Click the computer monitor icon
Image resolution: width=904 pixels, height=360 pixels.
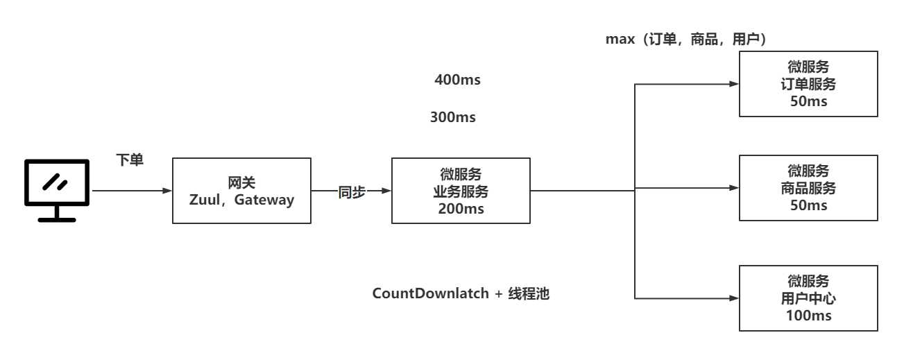tap(57, 189)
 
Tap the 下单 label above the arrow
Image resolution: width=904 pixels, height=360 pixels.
tap(130, 160)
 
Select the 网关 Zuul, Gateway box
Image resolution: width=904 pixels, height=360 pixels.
tap(241, 191)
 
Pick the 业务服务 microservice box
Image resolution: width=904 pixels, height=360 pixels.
tap(461, 191)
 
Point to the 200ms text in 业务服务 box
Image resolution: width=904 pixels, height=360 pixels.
tap(461, 207)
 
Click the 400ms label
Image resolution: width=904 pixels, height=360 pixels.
tap(457, 80)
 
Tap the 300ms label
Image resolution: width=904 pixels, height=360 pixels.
tap(453, 117)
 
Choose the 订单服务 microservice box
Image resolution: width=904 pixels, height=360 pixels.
tap(809, 85)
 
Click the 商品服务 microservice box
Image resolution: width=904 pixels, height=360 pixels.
tap(809, 188)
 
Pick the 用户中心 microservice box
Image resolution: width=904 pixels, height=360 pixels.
tap(809, 298)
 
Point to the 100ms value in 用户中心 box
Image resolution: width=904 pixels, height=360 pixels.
tap(809, 316)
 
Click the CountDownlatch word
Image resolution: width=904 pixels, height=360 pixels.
tap(429, 293)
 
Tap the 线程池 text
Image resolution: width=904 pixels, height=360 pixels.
tap(529, 293)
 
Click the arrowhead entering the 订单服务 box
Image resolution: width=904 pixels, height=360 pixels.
tap(735, 85)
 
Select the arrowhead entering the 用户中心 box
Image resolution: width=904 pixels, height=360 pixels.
tap(735, 298)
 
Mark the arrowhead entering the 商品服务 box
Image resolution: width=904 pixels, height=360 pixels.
tap(735, 188)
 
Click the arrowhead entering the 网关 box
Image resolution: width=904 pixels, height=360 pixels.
tap(167, 190)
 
